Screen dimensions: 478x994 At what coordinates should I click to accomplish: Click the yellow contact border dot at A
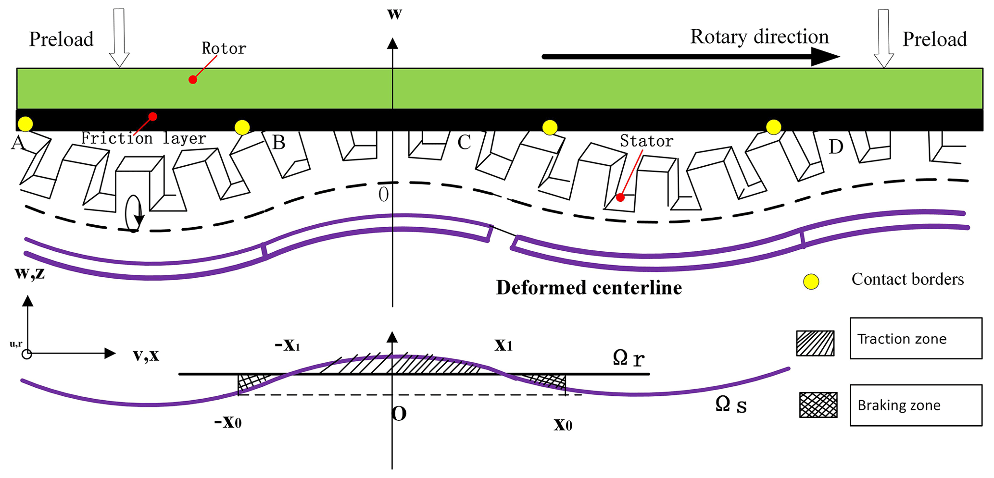(x=25, y=124)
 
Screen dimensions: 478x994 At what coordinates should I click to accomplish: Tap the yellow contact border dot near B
(x=242, y=127)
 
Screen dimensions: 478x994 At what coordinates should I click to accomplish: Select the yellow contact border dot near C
(x=550, y=127)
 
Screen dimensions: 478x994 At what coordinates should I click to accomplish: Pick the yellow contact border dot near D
(x=773, y=127)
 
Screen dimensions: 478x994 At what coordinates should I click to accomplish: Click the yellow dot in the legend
(x=811, y=282)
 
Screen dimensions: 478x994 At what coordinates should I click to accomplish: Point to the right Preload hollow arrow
(x=883, y=38)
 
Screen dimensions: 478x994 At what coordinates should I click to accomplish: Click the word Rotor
(x=224, y=49)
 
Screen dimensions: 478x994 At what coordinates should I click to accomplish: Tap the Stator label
(x=646, y=141)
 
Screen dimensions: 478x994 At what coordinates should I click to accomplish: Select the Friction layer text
(x=143, y=138)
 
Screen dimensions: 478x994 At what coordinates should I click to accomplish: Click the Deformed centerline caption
(x=589, y=288)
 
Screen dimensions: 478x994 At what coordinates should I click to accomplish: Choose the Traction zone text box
(x=916, y=338)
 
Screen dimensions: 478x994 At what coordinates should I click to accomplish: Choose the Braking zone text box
(x=916, y=405)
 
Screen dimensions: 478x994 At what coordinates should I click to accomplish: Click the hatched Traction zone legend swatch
(x=815, y=343)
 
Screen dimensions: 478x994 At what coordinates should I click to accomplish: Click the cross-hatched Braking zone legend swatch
(x=818, y=405)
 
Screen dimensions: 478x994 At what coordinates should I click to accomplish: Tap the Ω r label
(x=629, y=358)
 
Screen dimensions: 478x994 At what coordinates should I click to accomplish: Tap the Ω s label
(x=730, y=404)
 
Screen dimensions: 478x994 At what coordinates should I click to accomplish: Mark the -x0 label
(x=228, y=422)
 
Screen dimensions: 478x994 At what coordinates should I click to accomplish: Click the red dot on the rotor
(x=192, y=80)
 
